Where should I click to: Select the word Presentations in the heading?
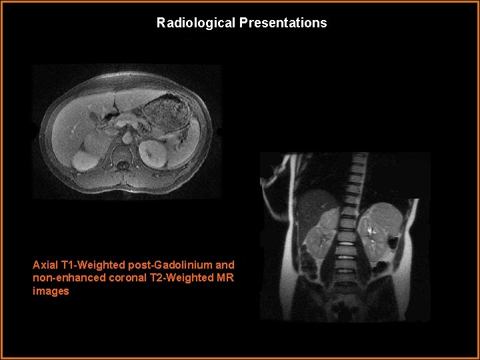[283, 23]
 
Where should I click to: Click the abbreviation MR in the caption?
[226, 278]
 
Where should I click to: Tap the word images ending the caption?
[51, 291]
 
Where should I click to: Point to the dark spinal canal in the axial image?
[121, 161]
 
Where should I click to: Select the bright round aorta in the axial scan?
[127, 138]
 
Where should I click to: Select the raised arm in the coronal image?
[277, 183]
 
